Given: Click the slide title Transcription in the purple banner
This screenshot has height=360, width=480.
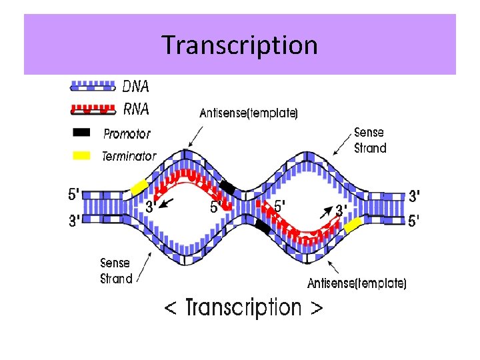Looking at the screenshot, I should (240, 45).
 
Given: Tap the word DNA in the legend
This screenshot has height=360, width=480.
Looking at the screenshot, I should (136, 87).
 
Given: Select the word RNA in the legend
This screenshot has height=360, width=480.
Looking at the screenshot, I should (136, 109).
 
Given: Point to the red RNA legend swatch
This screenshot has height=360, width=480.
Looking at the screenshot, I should (93, 108).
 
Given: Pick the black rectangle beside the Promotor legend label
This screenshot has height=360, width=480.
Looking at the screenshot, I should (81, 132).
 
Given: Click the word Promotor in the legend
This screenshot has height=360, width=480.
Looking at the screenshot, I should (127, 134).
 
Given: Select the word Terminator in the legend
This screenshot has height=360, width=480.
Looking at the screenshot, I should (129, 157).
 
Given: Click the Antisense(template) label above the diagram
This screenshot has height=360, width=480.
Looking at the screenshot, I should (249, 113).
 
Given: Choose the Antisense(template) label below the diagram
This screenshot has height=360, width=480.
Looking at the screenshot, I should (357, 283).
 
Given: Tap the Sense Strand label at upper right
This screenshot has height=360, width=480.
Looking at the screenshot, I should (370, 140).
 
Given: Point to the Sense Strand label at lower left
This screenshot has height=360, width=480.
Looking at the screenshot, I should (116, 271).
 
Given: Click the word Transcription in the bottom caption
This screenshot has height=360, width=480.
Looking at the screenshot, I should (243, 308).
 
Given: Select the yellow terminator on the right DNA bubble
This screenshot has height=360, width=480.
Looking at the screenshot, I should (353, 225).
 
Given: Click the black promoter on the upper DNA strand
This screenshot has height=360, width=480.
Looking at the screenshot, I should (228, 187).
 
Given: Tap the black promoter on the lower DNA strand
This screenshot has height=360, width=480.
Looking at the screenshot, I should (263, 227).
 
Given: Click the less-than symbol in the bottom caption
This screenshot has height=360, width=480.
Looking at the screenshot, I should (171, 309).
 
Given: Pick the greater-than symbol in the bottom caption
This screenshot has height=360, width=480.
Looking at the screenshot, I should (317, 309).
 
